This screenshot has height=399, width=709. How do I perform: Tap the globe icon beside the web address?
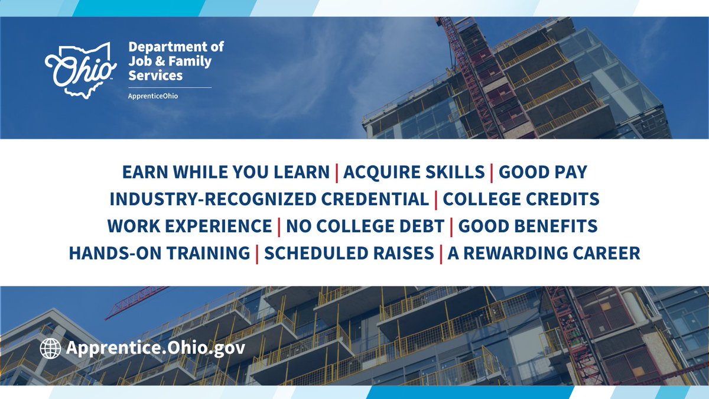[x=50, y=348]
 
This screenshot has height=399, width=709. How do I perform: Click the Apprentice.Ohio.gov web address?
[x=155, y=348]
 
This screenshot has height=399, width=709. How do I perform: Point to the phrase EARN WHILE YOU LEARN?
[x=226, y=172]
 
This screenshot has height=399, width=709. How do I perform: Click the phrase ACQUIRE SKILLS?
[x=414, y=172]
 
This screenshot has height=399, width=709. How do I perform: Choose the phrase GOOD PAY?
[x=543, y=172]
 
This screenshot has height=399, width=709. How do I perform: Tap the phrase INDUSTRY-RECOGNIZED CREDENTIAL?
[x=269, y=199]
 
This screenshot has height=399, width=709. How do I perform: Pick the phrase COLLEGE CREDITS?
[x=521, y=199]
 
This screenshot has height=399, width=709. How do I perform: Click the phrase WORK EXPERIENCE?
[x=190, y=226]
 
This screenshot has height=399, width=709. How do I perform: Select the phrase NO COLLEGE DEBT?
[x=365, y=226]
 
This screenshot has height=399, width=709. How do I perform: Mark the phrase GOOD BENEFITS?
[x=528, y=226]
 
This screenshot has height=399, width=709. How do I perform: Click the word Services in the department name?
[x=155, y=76]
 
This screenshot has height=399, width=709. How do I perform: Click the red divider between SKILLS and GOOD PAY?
[x=492, y=172]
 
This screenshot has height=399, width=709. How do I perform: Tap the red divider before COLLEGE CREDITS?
[x=436, y=199]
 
